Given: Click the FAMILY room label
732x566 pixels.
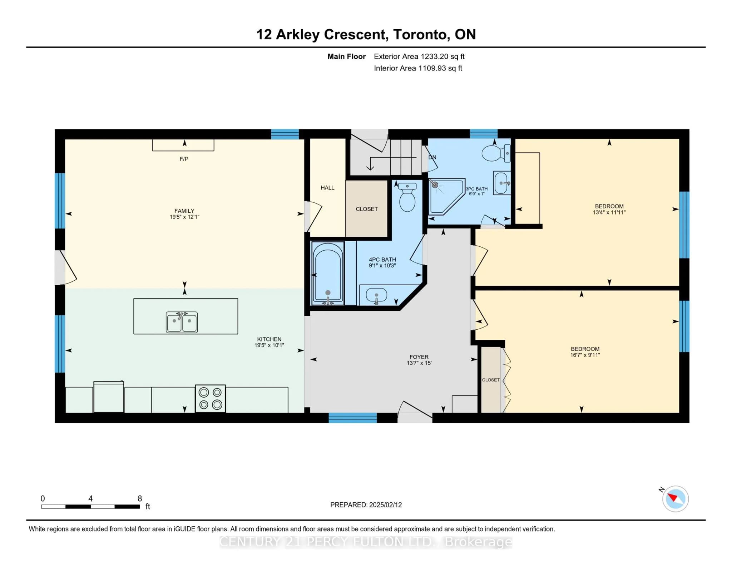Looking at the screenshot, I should coord(184,211).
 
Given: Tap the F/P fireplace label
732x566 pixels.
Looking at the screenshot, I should coord(184,159).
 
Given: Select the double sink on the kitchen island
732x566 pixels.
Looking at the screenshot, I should coord(182,322).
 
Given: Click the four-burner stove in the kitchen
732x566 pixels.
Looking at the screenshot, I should coord(210,398).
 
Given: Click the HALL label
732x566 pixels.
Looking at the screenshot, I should coord(327,188).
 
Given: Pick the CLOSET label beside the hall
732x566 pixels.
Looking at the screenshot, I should coord(367,209).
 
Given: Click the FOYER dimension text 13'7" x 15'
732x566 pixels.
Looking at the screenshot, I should coord(419,363).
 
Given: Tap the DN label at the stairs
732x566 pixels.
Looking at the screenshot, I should coord(432,157).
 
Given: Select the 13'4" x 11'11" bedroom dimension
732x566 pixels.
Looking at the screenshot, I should coord(609,212).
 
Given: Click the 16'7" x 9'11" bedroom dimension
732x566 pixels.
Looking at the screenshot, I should coord(585,355).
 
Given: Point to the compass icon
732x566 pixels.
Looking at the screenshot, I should coord(675,498).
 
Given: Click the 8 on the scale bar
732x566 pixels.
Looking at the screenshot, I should coord(140,498).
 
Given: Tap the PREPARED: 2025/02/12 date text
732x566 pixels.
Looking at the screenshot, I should coord(366,505).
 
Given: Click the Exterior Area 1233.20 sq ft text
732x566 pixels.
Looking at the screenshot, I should coord(419,56).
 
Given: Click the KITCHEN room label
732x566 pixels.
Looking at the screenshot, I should coord(269,339).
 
